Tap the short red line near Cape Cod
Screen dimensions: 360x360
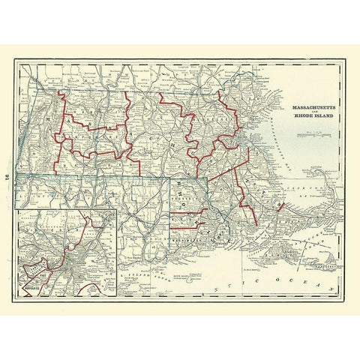(x=282, y=204)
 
